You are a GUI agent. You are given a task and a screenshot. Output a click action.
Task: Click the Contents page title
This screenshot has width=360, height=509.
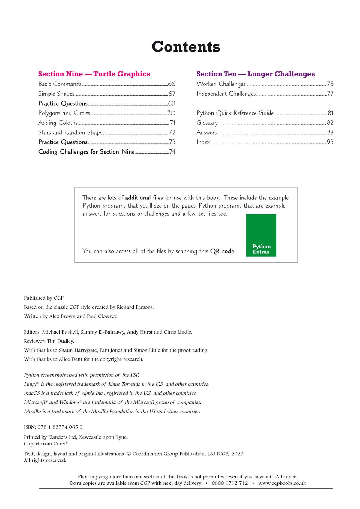(186, 47)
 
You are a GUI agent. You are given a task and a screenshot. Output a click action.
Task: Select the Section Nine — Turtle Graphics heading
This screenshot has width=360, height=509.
(94, 74)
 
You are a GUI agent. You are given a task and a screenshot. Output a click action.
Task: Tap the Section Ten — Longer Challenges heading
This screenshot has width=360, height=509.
(256, 74)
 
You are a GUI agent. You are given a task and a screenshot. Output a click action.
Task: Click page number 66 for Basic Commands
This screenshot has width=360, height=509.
(172, 84)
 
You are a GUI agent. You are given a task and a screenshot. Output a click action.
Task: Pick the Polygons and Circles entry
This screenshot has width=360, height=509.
(64, 113)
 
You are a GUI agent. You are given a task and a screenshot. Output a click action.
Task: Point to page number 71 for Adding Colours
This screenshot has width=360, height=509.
(172, 123)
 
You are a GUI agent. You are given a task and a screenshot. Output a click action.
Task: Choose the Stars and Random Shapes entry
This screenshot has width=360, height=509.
(71, 133)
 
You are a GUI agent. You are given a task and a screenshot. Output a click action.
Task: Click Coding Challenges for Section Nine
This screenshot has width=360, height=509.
(86, 152)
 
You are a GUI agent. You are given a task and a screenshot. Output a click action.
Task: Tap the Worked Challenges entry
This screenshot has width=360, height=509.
(221, 84)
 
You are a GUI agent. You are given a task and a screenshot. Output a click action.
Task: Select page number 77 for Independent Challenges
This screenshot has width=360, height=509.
(330, 94)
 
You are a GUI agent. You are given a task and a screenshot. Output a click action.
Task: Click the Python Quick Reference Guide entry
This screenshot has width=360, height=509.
(235, 113)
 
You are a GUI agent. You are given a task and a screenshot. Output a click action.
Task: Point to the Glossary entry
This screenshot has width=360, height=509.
(207, 123)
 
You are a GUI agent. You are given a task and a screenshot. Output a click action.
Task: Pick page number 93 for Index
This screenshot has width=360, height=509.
(330, 142)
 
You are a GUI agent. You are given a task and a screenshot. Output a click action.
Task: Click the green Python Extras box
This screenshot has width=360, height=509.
(261, 235)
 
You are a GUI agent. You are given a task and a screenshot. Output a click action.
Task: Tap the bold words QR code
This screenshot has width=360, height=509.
(222, 251)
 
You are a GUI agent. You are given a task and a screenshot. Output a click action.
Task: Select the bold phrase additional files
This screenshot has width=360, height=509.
(144, 198)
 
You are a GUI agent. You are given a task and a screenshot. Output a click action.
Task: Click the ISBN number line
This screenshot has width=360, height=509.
(53, 427)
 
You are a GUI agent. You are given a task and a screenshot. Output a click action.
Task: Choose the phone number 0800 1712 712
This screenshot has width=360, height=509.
(230, 483)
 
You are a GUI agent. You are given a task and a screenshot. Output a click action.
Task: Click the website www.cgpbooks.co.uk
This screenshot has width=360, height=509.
(282, 483)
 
